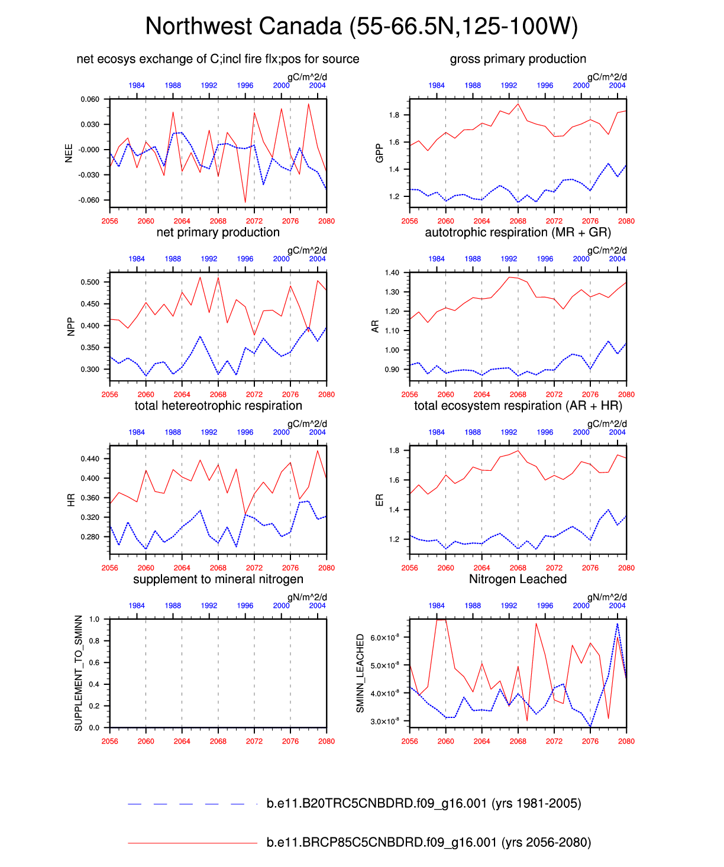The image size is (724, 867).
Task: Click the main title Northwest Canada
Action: (x=361, y=27)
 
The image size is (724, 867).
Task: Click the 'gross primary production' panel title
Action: (x=518, y=59)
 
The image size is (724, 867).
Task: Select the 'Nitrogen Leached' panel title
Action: (x=518, y=579)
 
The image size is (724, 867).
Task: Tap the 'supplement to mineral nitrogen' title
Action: (x=218, y=579)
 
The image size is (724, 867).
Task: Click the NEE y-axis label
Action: (x=69, y=153)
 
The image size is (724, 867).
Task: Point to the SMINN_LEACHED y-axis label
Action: (x=360, y=673)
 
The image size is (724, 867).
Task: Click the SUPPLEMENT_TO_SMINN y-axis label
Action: (x=79, y=673)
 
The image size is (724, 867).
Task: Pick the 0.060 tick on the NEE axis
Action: (x=90, y=99)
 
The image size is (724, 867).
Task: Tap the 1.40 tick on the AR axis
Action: (x=392, y=273)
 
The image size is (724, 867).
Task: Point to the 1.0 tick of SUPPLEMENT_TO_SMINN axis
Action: (x=95, y=619)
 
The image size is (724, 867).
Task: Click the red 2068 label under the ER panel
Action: (x=518, y=568)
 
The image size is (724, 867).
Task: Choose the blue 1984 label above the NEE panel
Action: (x=137, y=85)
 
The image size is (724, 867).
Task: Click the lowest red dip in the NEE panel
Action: (x=245, y=203)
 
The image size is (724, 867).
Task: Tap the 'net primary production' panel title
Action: (x=218, y=232)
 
